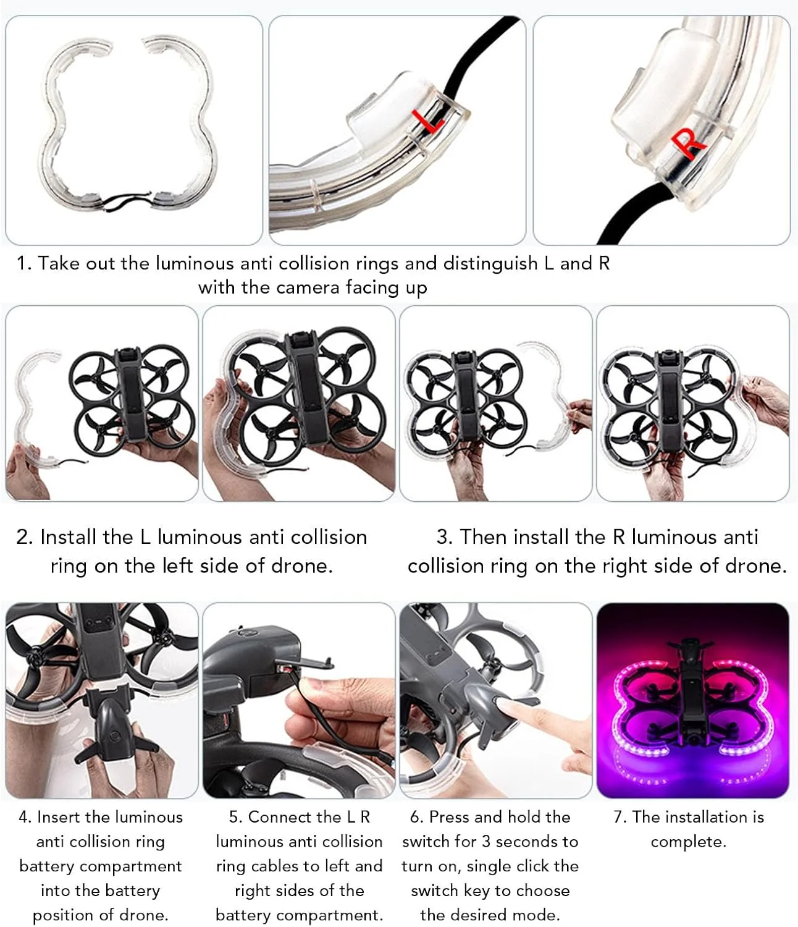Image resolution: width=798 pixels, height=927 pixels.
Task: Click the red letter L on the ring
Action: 429,121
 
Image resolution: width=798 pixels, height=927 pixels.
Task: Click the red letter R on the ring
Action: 687,143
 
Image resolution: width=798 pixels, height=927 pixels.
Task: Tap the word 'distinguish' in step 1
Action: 490,264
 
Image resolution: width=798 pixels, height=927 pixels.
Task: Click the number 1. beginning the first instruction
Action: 24,263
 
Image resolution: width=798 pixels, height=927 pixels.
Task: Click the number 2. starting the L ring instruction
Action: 24,537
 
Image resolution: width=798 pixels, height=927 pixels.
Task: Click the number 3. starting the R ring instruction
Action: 445,537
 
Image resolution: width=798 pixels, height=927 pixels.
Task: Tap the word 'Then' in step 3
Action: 483,537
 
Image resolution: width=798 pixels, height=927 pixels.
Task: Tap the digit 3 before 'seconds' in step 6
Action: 486,842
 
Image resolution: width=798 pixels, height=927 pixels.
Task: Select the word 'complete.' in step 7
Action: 688,842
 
